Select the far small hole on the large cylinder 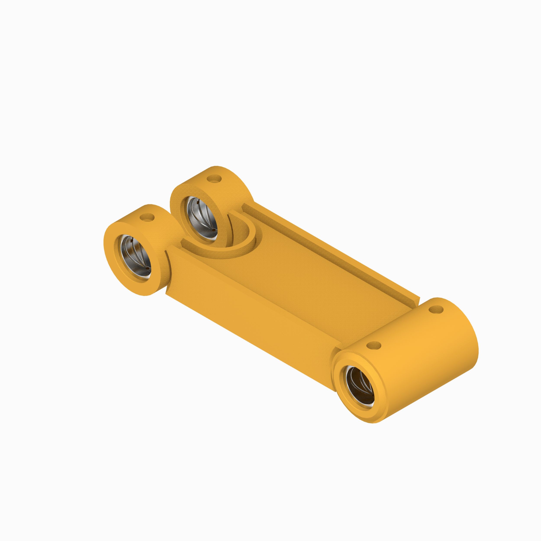[436, 310]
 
